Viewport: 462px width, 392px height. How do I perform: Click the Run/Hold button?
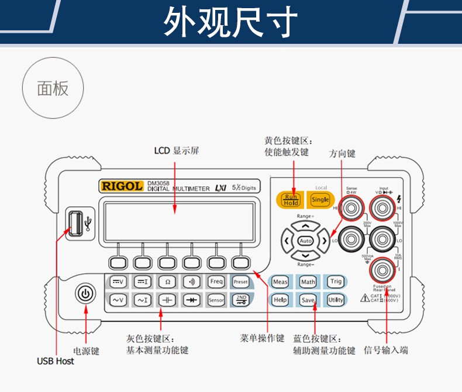[x=291, y=200]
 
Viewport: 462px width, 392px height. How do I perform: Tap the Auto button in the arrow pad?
[x=305, y=240]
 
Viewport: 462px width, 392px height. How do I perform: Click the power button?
[x=85, y=294]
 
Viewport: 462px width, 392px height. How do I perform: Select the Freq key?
[x=216, y=282]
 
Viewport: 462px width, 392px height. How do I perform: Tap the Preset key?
[x=241, y=282]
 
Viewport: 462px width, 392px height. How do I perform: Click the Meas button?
[x=280, y=282]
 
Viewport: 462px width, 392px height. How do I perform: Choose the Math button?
[x=308, y=282]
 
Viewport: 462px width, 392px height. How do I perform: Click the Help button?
[x=280, y=300]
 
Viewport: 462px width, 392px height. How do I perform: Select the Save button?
[x=308, y=300]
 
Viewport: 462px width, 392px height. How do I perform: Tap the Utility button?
[x=336, y=300]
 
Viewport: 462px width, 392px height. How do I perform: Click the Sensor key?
[x=216, y=300]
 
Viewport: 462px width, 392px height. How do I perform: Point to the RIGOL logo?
[x=121, y=186]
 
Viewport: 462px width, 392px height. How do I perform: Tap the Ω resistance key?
[x=168, y=282]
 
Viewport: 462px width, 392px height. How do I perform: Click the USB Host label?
[x=56, y=362]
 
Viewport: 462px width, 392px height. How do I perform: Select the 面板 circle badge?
[x=53, y=89]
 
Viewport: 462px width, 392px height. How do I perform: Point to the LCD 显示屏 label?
[x=177, y=151]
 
